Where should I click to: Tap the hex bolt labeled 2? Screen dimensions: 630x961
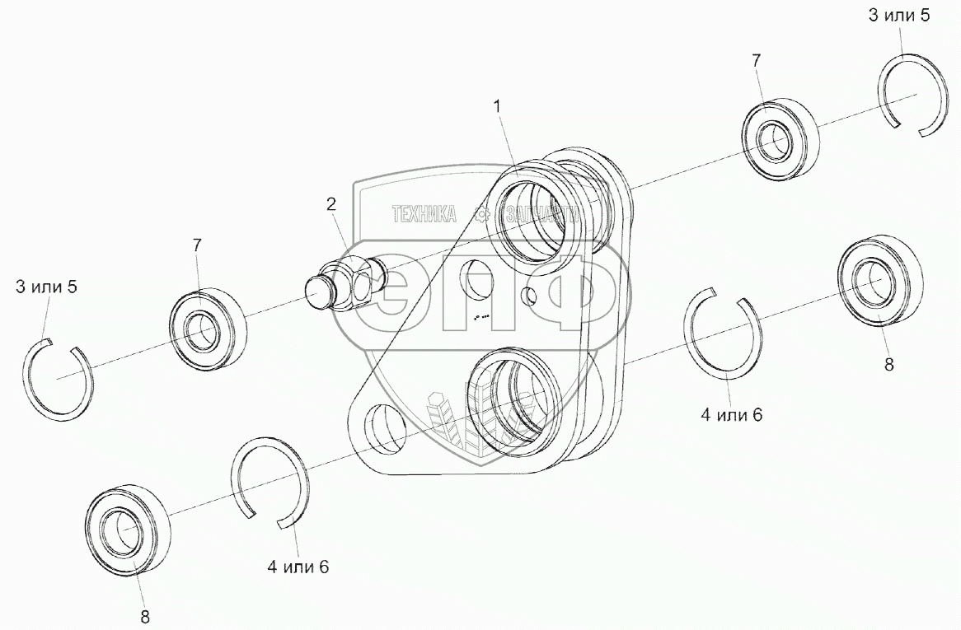(345, 282)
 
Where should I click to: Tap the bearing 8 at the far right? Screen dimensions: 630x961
(878, 280)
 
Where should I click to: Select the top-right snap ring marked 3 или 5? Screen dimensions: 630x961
(912, 92)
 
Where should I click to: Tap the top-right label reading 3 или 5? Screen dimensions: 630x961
(898, 16)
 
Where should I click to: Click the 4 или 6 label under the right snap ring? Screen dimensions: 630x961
(731, 415)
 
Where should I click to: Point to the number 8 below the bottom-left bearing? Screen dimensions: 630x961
(145, 615)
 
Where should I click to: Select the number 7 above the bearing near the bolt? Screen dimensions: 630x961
(197, 245)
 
